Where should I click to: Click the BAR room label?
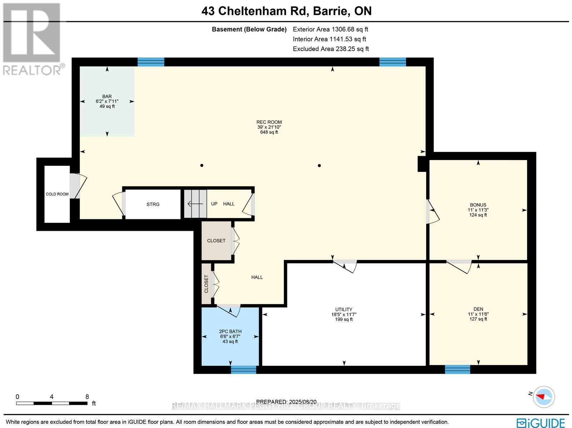pos(107,96)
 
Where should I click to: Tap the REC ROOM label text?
pos(269,122)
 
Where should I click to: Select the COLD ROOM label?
pos(57,194)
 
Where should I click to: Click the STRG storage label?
pos(153,204)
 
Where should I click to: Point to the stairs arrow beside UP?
pos(195,204)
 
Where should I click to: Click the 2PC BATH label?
pos(230,332)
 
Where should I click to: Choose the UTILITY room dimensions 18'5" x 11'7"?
pos(344,315)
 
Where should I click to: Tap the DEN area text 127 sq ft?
pos(478,319)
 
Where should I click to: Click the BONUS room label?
pos(478,205)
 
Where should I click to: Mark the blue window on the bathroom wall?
pos(243,369)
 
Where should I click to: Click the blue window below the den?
pos(457,369)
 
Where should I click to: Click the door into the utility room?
pos(345,266)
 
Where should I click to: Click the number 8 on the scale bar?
pos(87,397)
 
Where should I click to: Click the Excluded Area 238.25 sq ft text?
pos(331,49)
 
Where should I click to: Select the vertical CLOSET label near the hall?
pos(206,284)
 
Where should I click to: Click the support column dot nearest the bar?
pos(202,165)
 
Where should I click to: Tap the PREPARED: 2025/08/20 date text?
pos(287,402)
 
